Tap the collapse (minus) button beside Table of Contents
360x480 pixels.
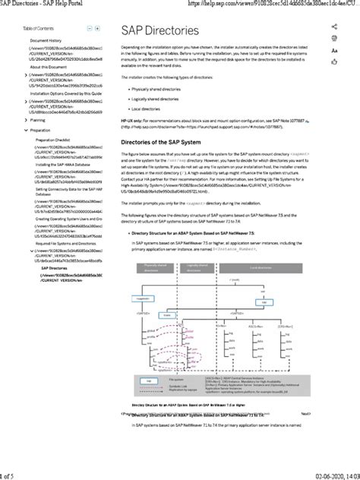pyautogui.click(x=89, y=27)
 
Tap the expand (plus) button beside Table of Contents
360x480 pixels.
pyautogui.click(x=98, y=27)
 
